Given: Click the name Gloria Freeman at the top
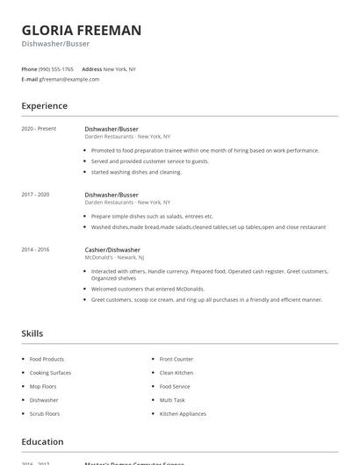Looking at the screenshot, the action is click(81, 30).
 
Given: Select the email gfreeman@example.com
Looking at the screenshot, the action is click(68, 79).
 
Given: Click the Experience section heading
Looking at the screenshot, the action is click(44, 106).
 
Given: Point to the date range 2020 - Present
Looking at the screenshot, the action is click(39, 129).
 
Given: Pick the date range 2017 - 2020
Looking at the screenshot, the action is click(35, 194).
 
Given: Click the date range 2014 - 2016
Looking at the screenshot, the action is click(35, 249).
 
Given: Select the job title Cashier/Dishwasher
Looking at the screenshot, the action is click(112, 249).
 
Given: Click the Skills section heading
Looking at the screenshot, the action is click(32, 333).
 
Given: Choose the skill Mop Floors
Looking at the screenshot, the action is click(44, 386).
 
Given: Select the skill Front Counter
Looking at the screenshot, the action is click(176, 359).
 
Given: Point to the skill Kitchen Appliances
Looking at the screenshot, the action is click(183, 413).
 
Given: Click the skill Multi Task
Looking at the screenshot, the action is click(172, 400).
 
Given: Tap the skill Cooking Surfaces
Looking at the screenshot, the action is click(50, 373).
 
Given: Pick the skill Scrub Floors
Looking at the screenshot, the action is click(45, 413).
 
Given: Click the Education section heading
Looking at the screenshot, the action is click(42, 442).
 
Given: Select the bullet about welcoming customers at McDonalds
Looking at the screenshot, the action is click(148, 289).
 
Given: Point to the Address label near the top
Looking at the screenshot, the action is click(91, 68).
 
